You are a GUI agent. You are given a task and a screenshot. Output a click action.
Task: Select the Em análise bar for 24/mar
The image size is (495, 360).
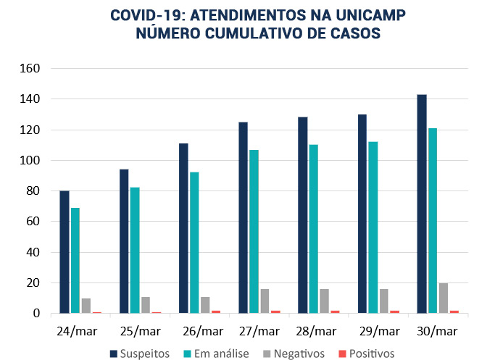(x=75, y=261)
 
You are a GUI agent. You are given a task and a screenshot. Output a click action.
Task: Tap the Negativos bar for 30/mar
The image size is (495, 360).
(x=444, y=298)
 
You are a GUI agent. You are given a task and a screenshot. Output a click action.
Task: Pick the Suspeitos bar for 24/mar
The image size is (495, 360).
(x=65, y=252)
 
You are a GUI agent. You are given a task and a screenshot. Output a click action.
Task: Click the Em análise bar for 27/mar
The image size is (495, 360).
(x=254, y=232)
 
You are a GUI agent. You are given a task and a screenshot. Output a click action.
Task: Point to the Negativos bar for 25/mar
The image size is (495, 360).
(x=146, y=305)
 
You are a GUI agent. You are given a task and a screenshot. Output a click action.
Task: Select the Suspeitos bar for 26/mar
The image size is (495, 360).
(x=183, y=228)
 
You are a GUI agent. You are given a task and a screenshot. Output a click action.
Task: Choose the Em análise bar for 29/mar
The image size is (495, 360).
(x=373, y=227)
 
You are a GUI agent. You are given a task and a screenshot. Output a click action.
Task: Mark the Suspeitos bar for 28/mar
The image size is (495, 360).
(x=302, y=215)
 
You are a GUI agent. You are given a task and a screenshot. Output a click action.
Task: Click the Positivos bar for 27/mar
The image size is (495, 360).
(x=275, y=311)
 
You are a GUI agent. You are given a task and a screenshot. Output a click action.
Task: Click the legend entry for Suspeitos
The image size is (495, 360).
(x=139, y=353)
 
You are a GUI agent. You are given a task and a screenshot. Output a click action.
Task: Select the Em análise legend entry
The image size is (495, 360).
(x=219, y=353)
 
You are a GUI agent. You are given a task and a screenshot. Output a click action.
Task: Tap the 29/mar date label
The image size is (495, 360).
(x=380, y=331)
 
